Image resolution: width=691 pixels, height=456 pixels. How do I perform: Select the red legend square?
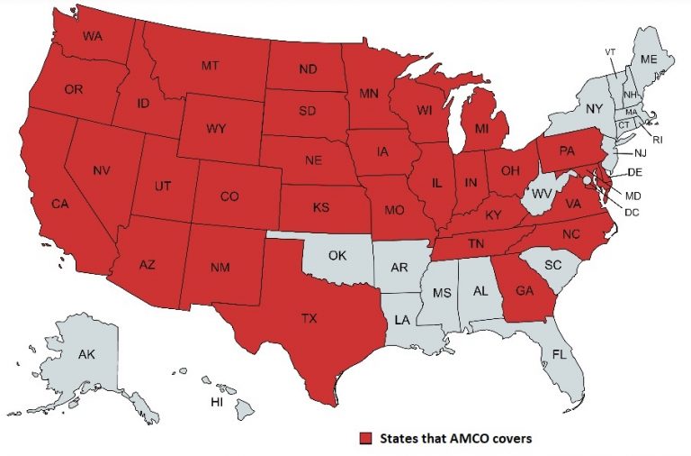pyautogui.click(x=364, y=438)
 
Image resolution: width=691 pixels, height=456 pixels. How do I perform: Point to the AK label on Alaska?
pyautogui.click(x=86, y=354)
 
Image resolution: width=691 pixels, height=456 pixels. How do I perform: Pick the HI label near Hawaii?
pyautogui.click(x=217, y=400)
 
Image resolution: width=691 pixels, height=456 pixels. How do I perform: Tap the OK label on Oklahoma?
pyautogui.click(x=337, y=255)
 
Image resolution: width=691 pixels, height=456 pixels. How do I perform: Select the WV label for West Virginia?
pyautogui.click(x=541, y=194)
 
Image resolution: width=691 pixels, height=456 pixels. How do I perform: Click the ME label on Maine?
pyautogui.click(x=649, y=59)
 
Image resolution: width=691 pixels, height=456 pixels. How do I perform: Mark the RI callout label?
pyautogui.click(x=657, y=140)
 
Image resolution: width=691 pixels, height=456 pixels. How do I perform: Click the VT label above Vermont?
pyautogui.click(x=610, y=50)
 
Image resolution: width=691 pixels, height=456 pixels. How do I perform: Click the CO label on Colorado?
pyautogui.click(x=229, y=196)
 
